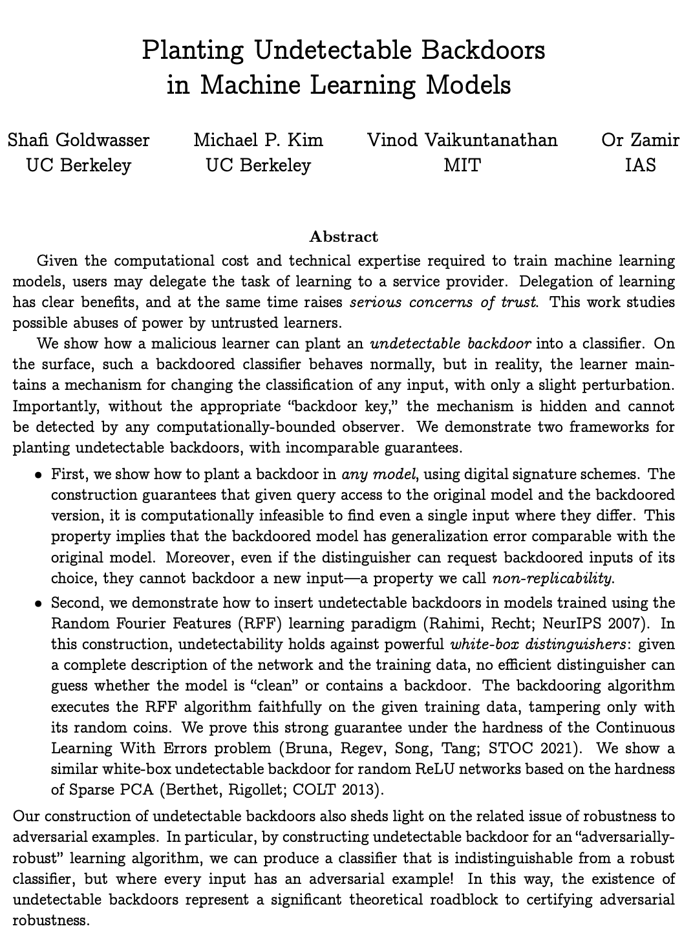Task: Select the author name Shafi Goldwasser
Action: click(x=78, y=140)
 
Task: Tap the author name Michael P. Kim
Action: click(x=258, y=140)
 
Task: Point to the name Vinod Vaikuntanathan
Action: click(x=462, y=140)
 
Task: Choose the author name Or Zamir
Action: click(x=640, y=140)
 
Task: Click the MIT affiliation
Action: click(x=462, y=166)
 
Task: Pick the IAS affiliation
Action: click(x=640, y=166)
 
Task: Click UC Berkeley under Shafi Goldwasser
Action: click(x=78, y=166)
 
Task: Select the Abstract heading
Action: click(x=344, y=237)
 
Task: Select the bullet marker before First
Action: click(x=39, y=475)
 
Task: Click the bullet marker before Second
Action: click(x=39, y=603)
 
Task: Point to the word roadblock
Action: click(x=454, y=899)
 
